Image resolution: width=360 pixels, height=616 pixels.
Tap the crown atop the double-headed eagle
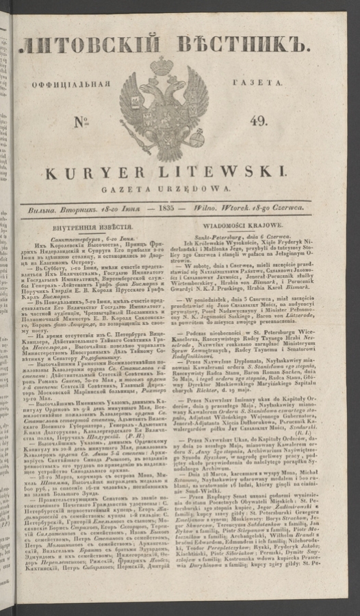tap(163, 67)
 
